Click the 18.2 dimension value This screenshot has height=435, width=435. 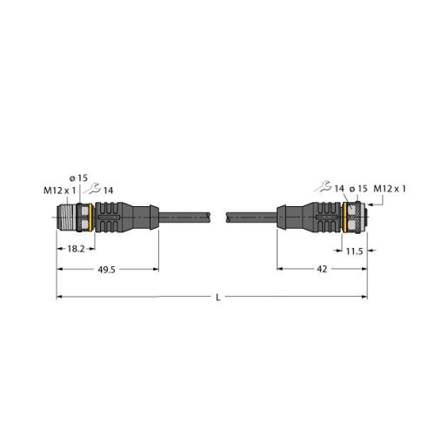point(76,249)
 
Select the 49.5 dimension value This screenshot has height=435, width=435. point(106,270)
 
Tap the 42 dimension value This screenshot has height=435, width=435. point(322,269)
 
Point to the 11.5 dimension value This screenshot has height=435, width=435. point(354,251)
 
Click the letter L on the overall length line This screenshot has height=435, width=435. point(218,298)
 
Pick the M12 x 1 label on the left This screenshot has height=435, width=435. point(60,191)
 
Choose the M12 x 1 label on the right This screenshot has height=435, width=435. point(390,189)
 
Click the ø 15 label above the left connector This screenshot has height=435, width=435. point(78,177)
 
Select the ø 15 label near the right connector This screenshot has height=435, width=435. point(358,189)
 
